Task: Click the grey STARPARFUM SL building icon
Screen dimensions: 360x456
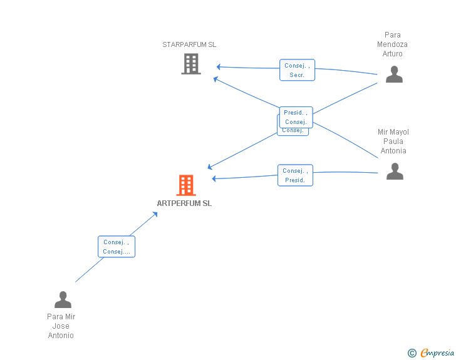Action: point(191,64)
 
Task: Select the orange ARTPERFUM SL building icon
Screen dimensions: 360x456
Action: point(186,185)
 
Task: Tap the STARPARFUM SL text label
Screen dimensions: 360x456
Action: point(189,44)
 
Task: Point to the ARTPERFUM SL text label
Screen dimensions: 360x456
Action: point(184,203)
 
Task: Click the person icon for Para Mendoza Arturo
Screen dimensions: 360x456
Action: point(394,75)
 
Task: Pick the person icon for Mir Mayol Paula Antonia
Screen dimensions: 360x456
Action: point(395,171)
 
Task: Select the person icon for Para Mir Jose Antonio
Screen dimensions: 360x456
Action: point(63,300)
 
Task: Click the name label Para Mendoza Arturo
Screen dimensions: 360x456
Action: point(392,44)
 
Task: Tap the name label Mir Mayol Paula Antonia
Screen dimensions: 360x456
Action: point(393,141)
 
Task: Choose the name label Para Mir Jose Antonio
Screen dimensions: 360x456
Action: point(61,326)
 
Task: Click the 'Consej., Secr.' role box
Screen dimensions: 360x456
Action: point(297,70)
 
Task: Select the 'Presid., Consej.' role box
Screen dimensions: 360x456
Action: point(296,117)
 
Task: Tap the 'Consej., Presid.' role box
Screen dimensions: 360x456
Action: point(295,175)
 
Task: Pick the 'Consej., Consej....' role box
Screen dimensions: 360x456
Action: point(117,247)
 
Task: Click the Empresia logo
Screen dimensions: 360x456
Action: point(437,353)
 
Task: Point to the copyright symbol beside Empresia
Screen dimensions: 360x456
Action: point(412,354)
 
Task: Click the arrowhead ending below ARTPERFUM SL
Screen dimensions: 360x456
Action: point(155,214)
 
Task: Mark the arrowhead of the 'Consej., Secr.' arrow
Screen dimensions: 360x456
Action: point(219,66)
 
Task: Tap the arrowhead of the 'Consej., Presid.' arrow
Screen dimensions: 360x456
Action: point(214,178)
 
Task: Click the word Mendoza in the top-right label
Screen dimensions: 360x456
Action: point(392,44)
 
